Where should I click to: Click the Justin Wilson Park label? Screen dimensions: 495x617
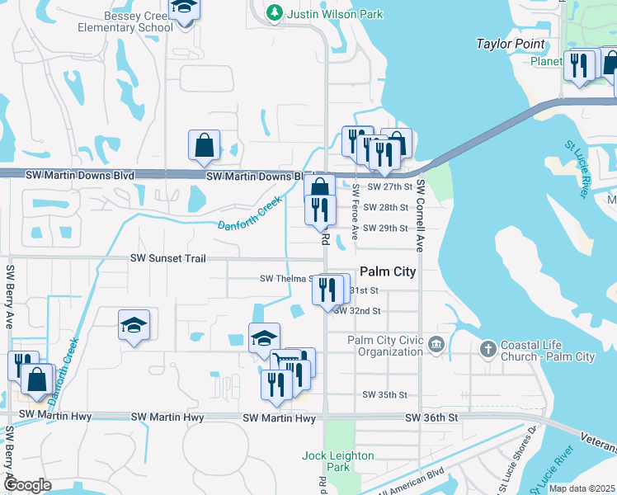pyautogui.click(x=326, y=13)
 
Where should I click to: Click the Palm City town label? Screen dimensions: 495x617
pyautogui.click(x=388, y=271)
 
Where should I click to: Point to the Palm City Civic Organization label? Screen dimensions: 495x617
pyautogui.click(x=384, y=346)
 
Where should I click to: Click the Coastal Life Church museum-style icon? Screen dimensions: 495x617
pyautogui.click(x=488, y=346)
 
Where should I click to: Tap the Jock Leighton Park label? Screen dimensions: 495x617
pyautogui.click(x=338, y=461)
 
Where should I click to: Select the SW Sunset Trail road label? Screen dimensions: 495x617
pyautogui.click(x=167, y=258)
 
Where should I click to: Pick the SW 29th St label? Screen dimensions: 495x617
pyautogui.click(x=385, y=228)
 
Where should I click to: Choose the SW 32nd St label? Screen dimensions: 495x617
pyautogui.click(x=357, y=311)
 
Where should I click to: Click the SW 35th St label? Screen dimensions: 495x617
pyautogui.click(x=385, y=395)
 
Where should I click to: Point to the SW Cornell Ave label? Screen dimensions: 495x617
pyautogui.click(x=420, y=216)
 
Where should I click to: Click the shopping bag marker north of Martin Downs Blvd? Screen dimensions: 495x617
pyautogui.click(x=203, y=146)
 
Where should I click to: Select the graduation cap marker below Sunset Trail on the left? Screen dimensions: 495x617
pyautogui.click(x=133, y=324)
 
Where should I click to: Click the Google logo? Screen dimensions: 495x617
pyautogui.click(x=27, y=484)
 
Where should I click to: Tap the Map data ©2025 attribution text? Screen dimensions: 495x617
pyautogui.click(x=582, y=488)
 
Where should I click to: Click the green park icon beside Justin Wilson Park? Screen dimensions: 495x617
pyautogui.click(x=273, y=13)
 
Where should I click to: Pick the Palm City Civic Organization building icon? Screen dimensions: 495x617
pyautogui.click(x=436, y=345)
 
